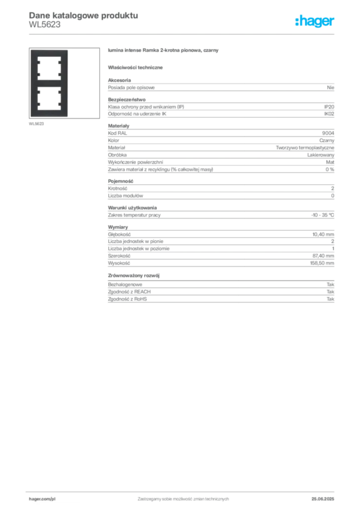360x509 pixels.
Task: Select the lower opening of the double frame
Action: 49,99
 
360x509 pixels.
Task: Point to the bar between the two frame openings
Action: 49,83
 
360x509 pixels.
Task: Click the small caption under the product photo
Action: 37,124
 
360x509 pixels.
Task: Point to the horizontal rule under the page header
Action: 183,33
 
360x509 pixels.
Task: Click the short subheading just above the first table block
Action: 137,67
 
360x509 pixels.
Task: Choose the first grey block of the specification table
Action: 221,87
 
